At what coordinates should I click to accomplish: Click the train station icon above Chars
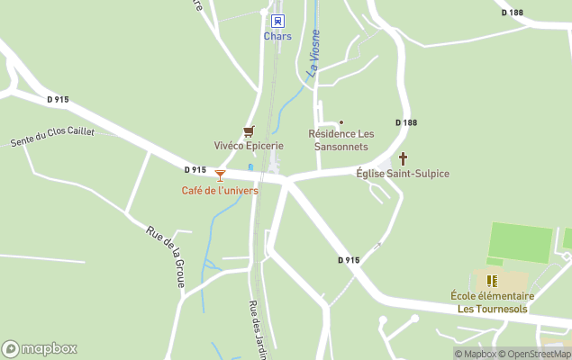pos(277,21)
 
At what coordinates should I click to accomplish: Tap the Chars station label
pos(277,36)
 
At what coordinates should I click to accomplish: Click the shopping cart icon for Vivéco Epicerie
pos(249,131)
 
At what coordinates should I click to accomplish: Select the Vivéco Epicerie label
pos(249,146)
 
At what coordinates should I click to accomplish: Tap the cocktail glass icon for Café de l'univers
pos(220,175)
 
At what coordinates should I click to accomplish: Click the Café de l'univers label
pos(220,191)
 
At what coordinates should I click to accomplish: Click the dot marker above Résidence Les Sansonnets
pos(340,121)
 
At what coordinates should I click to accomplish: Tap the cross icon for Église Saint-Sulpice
pos(403,158)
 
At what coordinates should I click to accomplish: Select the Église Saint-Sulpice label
pos(403,173)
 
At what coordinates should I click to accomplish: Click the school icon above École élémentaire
pos(492,281)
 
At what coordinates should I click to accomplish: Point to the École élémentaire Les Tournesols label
pos(492,302)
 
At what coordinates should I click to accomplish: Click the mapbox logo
pos(40,348)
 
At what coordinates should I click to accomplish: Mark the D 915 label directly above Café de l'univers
pos(195,169)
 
